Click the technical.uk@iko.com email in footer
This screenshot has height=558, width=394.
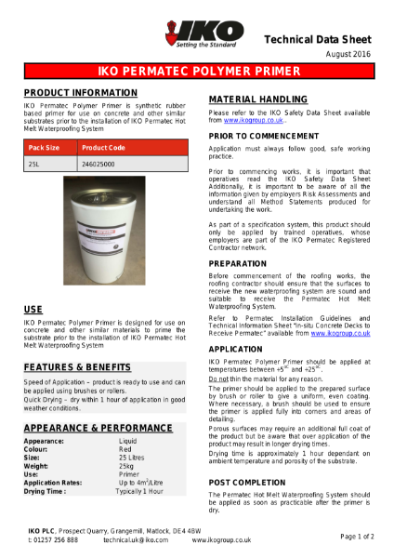136,539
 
